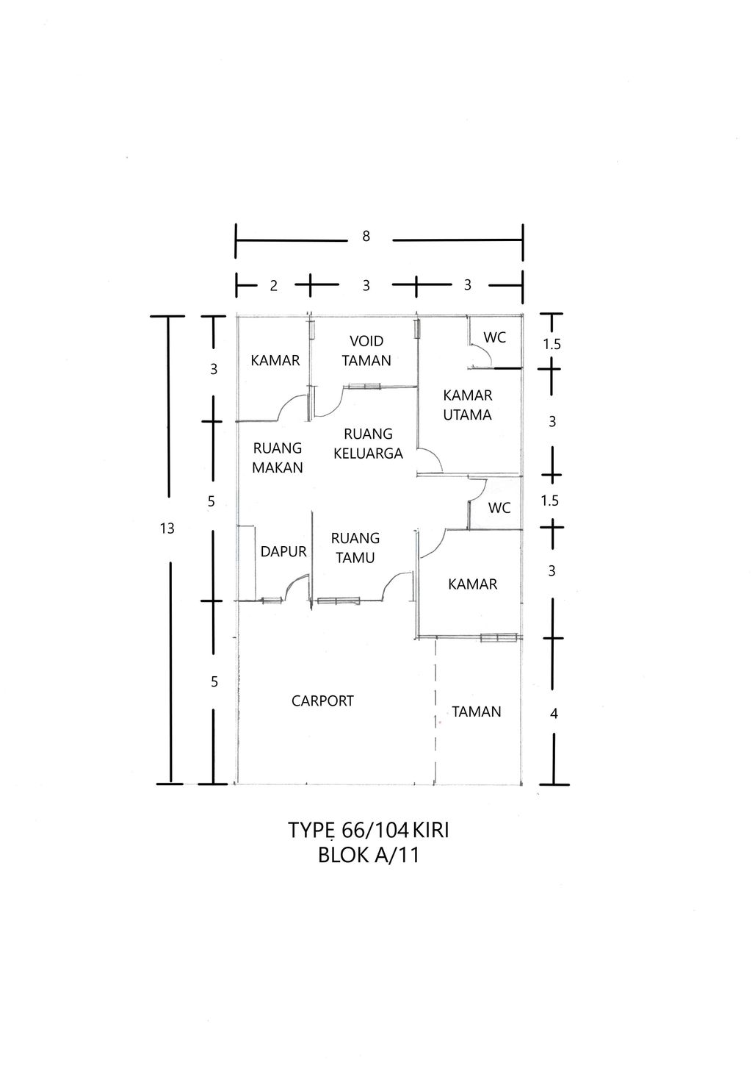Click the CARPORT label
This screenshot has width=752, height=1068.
coord(322,701)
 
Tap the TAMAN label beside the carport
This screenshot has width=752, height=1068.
coord(477,712)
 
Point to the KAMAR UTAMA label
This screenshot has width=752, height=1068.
coord(468,405)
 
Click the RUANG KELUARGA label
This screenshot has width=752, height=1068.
coord(368,443)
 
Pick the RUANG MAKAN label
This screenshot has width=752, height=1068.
coord(278,457)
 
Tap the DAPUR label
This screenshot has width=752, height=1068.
coord(283,551)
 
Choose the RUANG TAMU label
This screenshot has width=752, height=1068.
coord(355,548)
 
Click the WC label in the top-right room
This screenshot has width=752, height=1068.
coord(494,337)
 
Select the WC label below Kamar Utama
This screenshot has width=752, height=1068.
coord(499,508)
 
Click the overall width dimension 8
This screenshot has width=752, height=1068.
coord(366,237)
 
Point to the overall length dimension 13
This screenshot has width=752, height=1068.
coord(167,528)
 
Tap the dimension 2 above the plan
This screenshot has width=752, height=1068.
coord(273,286)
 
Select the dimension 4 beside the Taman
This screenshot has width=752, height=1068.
coord(554,713)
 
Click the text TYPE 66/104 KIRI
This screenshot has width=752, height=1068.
coord(369,831)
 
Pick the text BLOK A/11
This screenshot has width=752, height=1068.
coord(369,856)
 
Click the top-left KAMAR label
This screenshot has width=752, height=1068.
coord(275,360)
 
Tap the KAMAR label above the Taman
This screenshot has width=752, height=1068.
coord(473,584)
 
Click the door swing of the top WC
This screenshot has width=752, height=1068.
coord(481,358)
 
